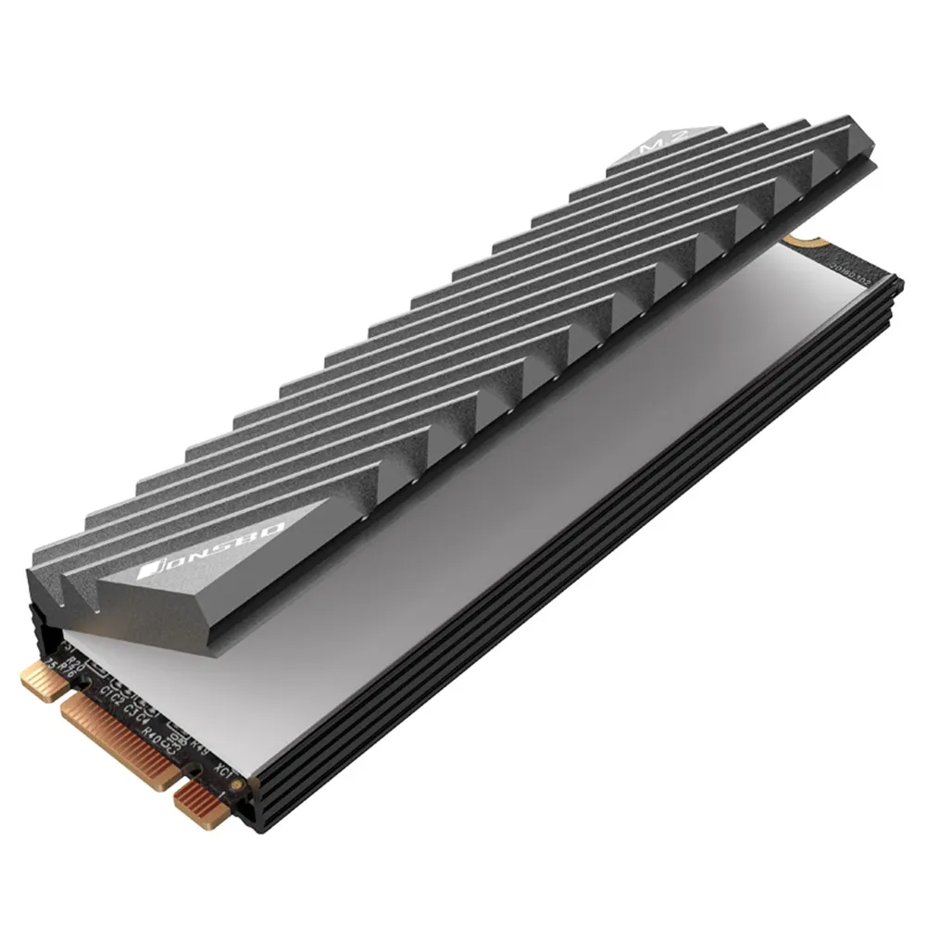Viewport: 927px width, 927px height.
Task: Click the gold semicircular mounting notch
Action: [793, 241]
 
